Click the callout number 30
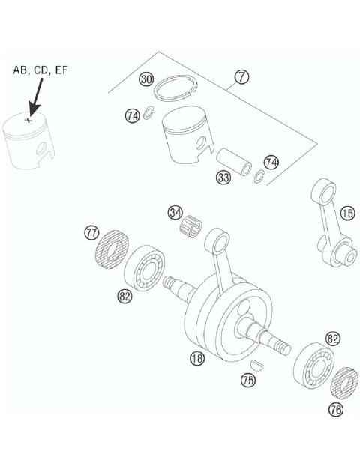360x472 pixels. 146,79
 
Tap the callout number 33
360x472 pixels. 223,178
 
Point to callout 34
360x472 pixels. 175,213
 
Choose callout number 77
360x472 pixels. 91,234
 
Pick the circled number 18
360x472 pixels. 196,359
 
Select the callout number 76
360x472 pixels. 336,408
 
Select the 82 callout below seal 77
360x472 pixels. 124,297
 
